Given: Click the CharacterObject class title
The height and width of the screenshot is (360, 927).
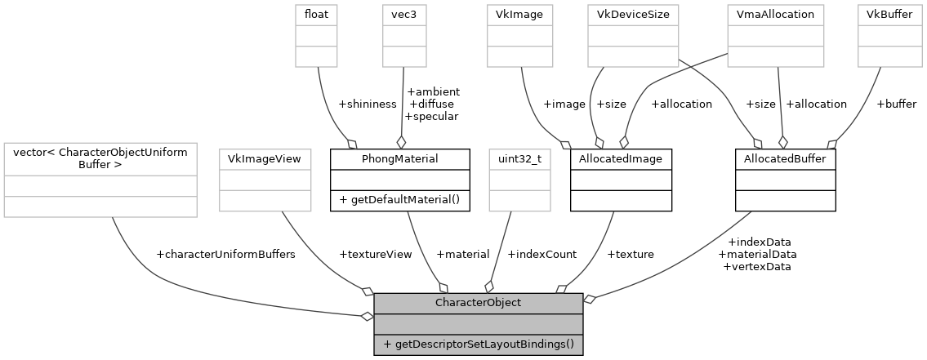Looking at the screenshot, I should click(x=478, y=303).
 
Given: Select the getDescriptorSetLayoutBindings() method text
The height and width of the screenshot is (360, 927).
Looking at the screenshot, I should click(x=478, y=344).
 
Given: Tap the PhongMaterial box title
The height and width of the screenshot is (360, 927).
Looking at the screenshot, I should click(x=399, y=158).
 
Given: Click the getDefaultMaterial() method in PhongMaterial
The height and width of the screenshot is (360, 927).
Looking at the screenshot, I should click(x=399, y=200).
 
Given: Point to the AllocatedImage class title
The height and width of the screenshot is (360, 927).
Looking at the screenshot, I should click(x=621, y=158).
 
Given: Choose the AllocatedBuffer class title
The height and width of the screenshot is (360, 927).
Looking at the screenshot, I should click(x=785, y=158).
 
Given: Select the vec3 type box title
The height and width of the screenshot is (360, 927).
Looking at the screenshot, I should click(x=406, y=14).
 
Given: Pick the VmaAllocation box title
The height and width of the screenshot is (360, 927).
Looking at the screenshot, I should click(x=776, y=14).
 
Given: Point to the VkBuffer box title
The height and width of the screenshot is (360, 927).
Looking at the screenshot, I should click(x=883, y=14).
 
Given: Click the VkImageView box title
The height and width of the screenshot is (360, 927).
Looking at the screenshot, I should click(x=265, y=158).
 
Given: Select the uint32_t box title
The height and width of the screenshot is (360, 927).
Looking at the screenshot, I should click(x=519, y=158).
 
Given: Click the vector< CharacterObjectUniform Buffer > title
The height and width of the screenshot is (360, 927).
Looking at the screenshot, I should click(x=100, y=158).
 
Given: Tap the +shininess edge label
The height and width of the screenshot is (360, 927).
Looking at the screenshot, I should click(x=366, y=104).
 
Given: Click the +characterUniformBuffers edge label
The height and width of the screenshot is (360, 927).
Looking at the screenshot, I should click(x=225, y=254).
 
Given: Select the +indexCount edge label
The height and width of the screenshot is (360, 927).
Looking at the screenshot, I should click(x=541, y=254).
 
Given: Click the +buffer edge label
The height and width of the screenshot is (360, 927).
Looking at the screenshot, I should click(x=896, y=104).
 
